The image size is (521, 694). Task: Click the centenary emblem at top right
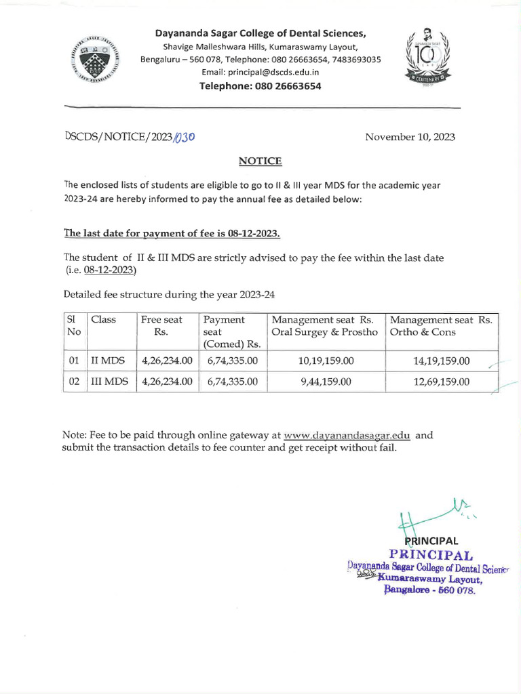427,58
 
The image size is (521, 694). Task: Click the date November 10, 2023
410,137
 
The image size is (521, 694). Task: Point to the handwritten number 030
185,137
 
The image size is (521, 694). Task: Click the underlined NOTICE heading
260,161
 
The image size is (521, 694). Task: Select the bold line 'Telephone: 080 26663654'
260,86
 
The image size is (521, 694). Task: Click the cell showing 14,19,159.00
441,361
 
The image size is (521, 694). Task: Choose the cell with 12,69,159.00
441,382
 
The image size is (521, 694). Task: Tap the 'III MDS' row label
109,382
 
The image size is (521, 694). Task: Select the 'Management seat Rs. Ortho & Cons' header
441,326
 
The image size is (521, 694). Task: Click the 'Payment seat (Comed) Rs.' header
232,332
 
